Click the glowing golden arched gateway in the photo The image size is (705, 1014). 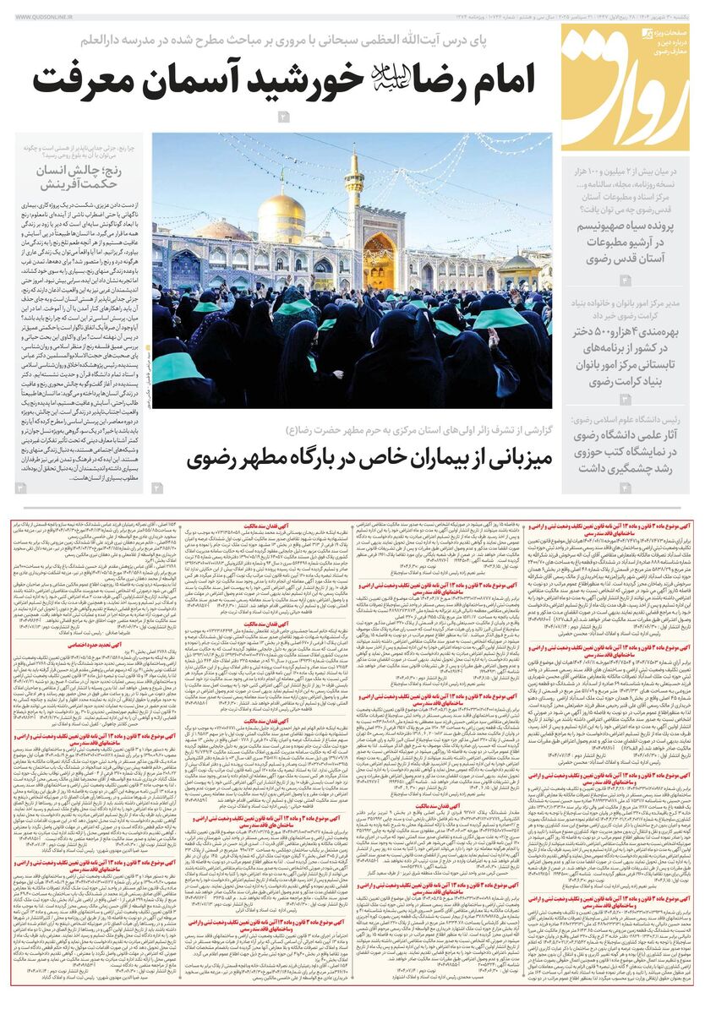(x=379, y=258)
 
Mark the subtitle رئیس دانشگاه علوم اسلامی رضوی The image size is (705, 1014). (x=630, y=420)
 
